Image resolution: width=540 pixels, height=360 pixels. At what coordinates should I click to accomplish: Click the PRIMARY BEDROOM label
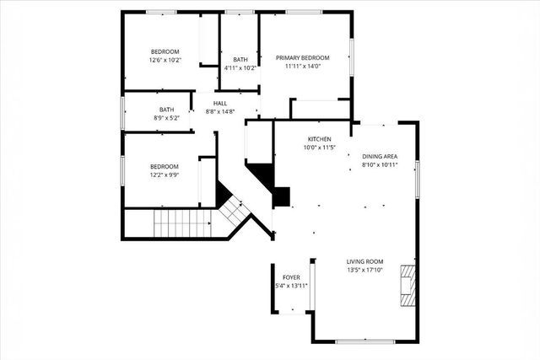coord(303,57)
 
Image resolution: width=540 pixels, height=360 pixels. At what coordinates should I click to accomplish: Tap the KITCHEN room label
coord(318,138)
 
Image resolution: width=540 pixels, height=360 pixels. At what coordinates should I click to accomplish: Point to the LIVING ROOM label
coord(365,261)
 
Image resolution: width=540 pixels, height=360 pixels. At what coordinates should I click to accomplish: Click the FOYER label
coord(291,277)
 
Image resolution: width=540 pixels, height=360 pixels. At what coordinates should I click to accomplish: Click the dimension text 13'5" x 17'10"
coord(365,271)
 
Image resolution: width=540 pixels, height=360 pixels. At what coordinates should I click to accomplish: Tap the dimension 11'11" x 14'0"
coord(303,67)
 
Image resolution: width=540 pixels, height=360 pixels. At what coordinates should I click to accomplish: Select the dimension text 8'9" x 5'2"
coord(166,119)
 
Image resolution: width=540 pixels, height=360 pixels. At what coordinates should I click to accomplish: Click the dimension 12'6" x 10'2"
coord(165,61)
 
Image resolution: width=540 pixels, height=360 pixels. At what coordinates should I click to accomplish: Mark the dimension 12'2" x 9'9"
coord(165,175)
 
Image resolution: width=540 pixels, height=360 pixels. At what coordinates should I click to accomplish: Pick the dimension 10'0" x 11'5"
coord(319,148)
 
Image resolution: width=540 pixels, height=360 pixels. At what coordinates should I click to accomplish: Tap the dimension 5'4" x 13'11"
coord(291,286)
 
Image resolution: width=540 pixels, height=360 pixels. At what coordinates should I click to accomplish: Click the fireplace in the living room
coord(408,284)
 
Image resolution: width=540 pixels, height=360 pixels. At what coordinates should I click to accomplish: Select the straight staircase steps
coord(181,224)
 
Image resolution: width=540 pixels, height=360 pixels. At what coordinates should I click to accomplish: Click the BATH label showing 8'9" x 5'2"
coord(166,110)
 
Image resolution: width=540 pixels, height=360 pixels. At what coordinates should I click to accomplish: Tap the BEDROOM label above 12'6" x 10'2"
coord(165,51)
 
